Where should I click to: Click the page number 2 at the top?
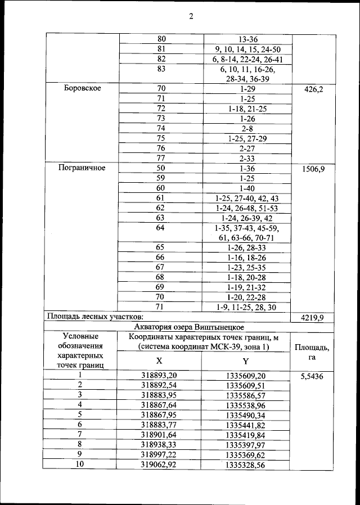point(191,16)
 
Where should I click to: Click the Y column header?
point(246,361)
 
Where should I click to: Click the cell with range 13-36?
point(248,38)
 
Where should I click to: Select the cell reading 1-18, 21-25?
point(248,108)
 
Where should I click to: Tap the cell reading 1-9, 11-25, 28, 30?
point(248,307)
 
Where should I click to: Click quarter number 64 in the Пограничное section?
point(161,228)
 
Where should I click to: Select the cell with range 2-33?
point(248,158)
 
